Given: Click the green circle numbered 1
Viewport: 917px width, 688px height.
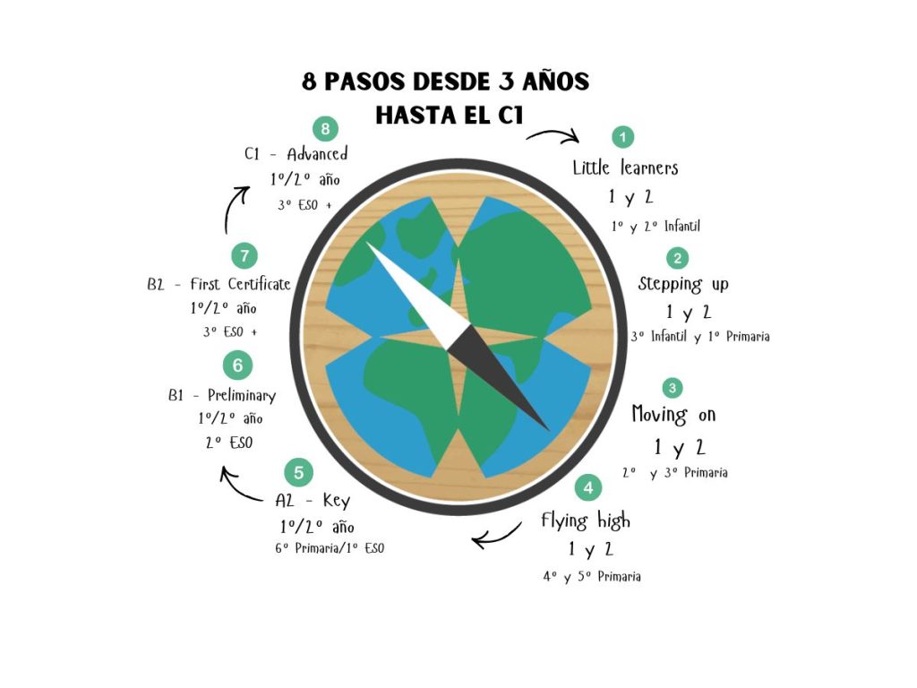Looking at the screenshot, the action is click(x=623, y=137).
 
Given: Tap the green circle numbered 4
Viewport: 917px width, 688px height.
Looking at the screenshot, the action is click(x=588, y=487).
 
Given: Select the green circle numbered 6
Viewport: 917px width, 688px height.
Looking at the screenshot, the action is click(x=237, y=365).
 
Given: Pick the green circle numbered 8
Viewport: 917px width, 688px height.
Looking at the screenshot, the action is click(x=325, y=129).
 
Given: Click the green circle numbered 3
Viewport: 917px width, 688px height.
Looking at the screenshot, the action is click(x=673, y=388).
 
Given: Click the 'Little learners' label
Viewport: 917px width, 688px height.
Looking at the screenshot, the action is click(x=625, y=168).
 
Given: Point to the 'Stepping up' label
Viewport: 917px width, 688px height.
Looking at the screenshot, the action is click(x=683, y=284).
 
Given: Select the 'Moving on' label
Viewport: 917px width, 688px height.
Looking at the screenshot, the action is click(x=673, y=415).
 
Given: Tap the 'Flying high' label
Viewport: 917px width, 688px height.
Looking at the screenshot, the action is click(x=586, y=520).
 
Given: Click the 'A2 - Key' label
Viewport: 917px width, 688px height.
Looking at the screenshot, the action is click(x=313, y=501).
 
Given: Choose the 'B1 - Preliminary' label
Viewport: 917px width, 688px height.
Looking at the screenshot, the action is click(x=222, y=395).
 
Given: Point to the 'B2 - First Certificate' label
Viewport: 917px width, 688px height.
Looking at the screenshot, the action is click(x=219, y=284).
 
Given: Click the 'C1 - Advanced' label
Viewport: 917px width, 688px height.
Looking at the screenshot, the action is click(x=296, y=154).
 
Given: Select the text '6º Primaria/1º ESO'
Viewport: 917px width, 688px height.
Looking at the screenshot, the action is click(x=330, y=548).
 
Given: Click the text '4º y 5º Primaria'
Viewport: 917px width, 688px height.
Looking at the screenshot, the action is click(x=592, y=577).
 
